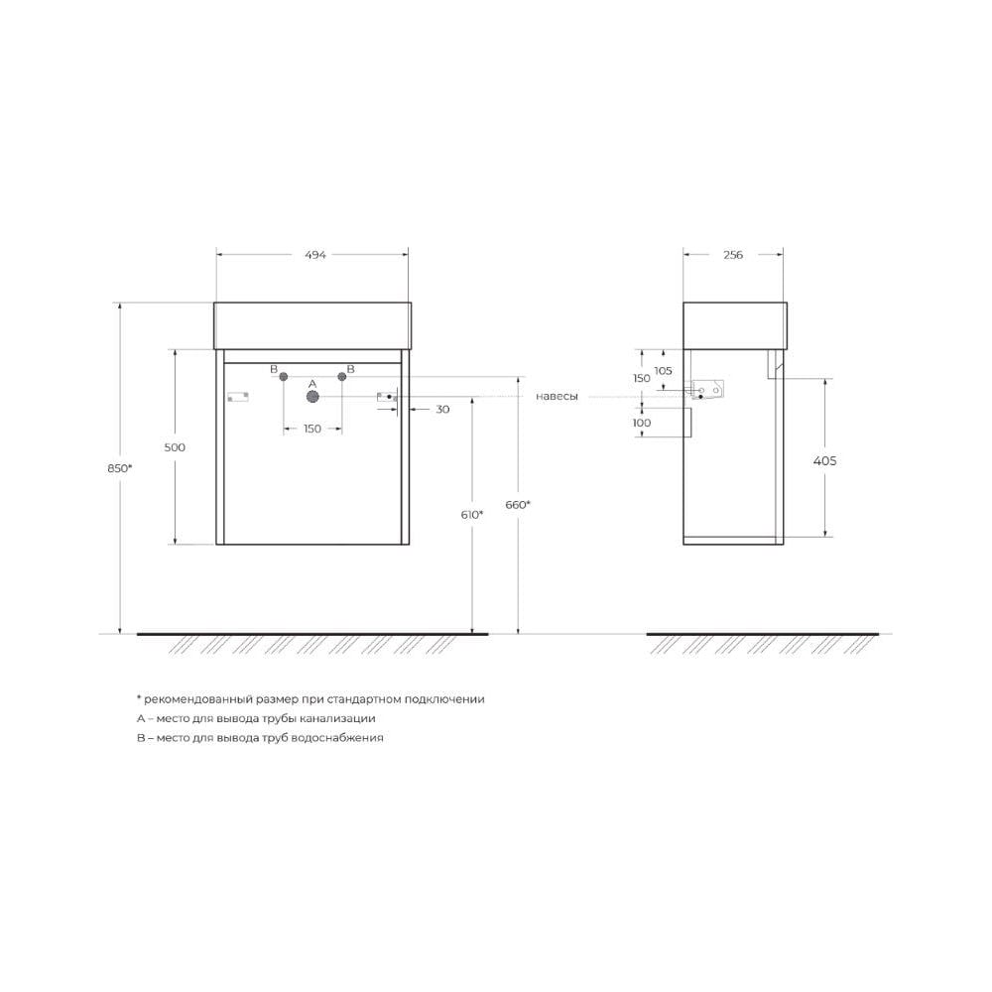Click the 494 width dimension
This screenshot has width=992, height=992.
click(x=315, y=255)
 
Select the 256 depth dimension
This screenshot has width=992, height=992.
click(x=733, y=255)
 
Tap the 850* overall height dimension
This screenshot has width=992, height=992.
click(x=120, y=468)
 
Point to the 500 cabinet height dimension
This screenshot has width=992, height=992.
click(x=175, y=447)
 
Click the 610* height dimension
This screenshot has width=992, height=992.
click(x=472, y=515)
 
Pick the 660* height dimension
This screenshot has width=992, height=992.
click(x=518, y=505)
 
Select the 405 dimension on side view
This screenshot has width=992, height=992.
click(x=825, y=461)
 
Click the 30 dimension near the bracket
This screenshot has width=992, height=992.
click(x=442, y=410)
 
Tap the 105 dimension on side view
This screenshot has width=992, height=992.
click(x=663, y=371)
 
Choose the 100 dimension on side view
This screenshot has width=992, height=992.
click(x=642, y=424)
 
